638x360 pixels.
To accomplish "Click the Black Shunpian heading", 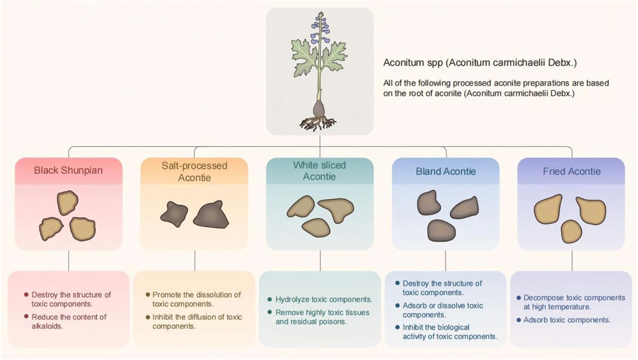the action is tap(68, 171).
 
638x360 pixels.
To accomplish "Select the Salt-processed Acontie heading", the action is tap(195, 172).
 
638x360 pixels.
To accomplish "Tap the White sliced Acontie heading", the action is tap(319, 171).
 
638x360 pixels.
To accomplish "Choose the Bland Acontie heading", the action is tap(446, 171).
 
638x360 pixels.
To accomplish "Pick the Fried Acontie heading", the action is tap(572, 171).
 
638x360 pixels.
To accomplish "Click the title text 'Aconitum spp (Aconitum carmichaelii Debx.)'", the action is tap(480, 63).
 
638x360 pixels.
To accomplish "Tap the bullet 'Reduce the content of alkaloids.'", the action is tap(69, 321).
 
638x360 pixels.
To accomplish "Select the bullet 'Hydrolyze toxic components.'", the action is tap(324, 300).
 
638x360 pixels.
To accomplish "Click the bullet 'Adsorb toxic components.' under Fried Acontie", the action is tap(567, 320).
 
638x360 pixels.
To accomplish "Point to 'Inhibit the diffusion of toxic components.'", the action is tap(197, 321).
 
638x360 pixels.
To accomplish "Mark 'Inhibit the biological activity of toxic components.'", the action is tap(450, 332).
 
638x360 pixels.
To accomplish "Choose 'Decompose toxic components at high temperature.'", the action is tap(574, 302).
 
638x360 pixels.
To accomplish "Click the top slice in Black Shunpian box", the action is tap(68, 202).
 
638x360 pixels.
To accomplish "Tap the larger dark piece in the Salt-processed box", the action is tap(211, 214).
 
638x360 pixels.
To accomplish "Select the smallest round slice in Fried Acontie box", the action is tap(572, 231).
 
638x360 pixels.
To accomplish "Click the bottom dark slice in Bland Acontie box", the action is tap(442, 231).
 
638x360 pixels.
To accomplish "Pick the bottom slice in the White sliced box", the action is tap(316, 228).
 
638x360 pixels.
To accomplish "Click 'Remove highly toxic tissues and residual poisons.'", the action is tap(323, 317).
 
